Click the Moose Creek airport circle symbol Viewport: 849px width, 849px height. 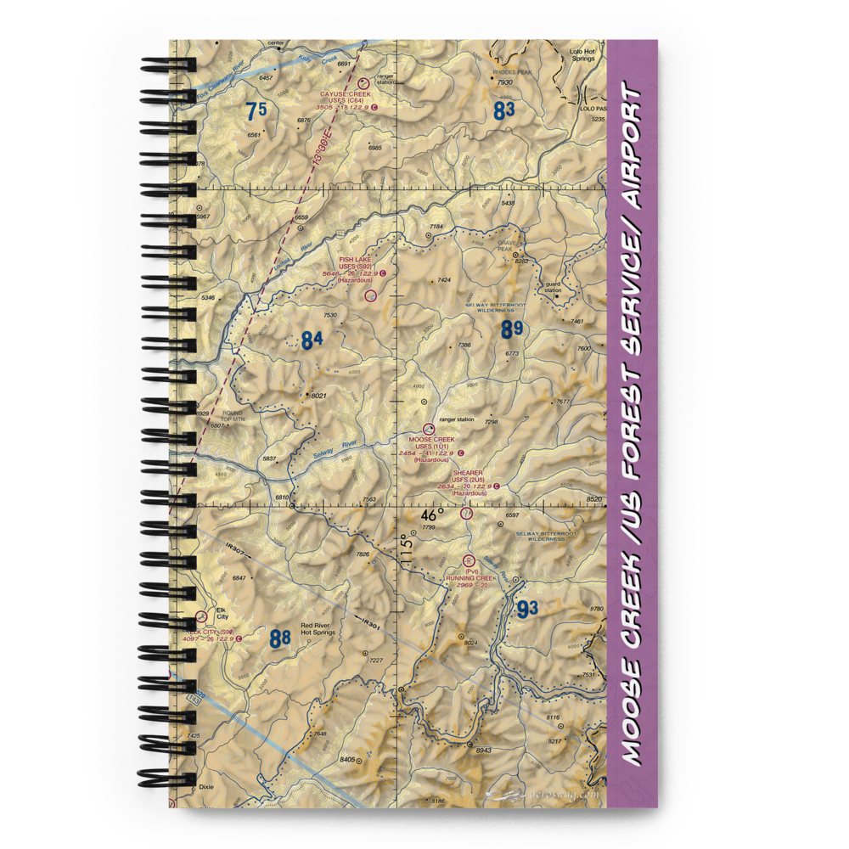(x=429, y=429)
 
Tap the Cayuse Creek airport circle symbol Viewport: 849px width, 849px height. (x=363, y=83)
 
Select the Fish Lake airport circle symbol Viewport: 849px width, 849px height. (x=370, y=295)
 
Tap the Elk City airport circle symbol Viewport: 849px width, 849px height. (x=200, y=617)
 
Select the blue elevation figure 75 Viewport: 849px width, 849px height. (x=256, y=110)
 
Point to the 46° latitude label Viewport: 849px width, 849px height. (x=433, y=514)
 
